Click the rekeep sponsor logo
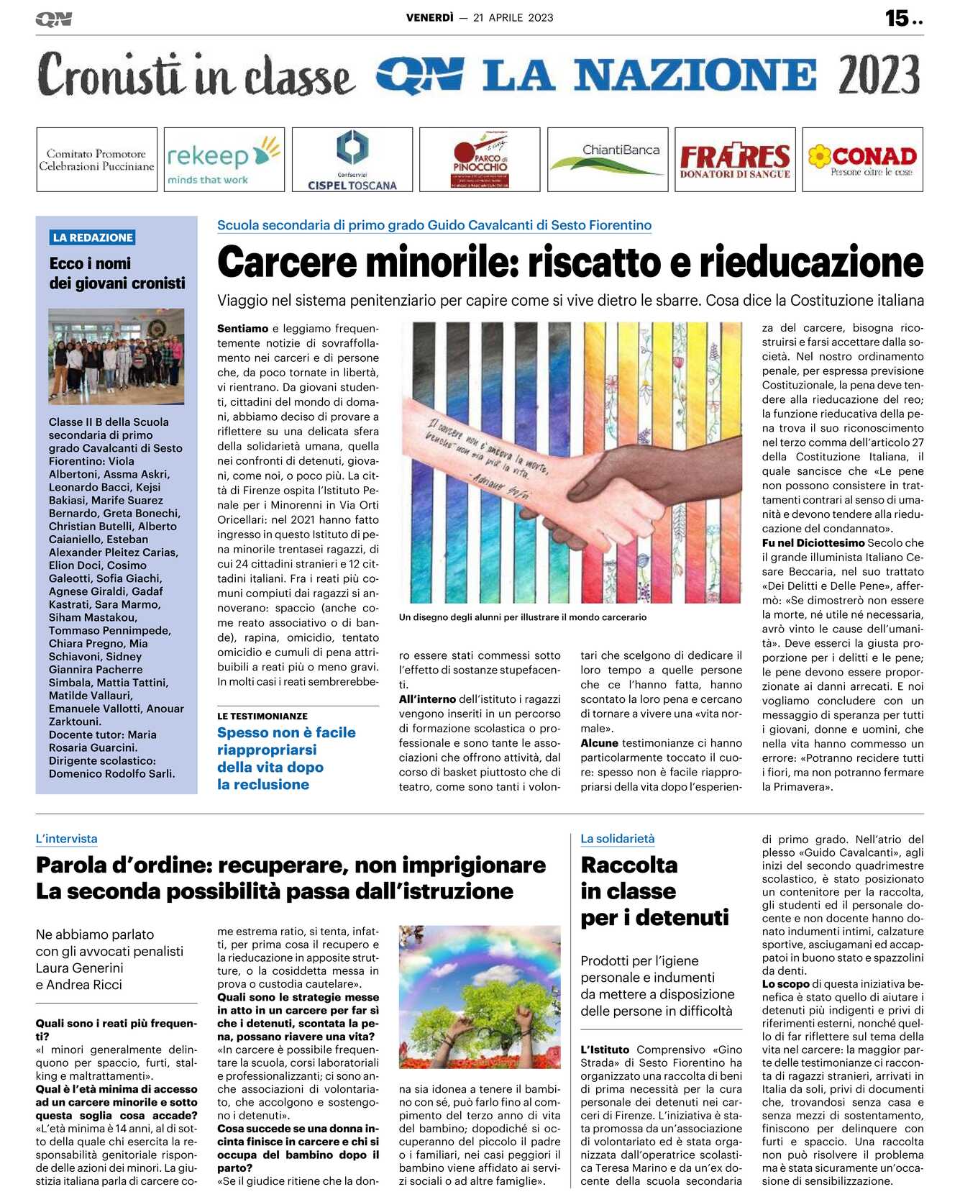224,159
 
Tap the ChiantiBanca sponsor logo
608,159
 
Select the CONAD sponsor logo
862,159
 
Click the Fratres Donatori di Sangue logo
735,159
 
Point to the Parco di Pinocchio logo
480,159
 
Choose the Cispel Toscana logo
352,159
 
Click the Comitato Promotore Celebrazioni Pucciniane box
96,159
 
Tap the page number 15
897,18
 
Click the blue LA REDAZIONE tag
93,237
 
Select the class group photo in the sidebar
116,356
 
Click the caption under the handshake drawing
522,617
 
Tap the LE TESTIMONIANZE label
262,716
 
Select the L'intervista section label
66,839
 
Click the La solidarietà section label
618,839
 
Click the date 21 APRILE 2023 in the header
513,18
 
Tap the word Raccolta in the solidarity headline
629,865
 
